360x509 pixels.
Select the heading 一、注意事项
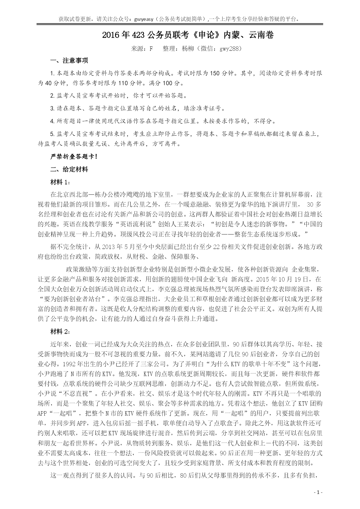[69, 60]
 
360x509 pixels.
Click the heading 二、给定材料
[69, 169]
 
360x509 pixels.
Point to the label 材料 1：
[60, 182]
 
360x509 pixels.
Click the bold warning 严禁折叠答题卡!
[74, 157]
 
